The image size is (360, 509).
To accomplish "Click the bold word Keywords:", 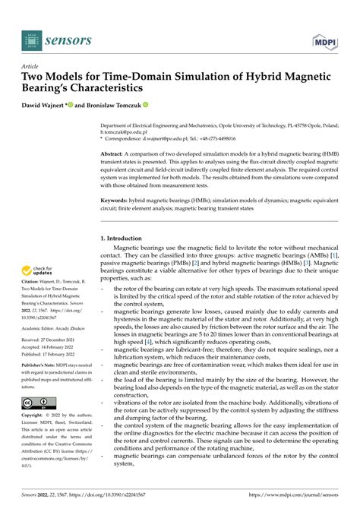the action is tap(117, 201).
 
